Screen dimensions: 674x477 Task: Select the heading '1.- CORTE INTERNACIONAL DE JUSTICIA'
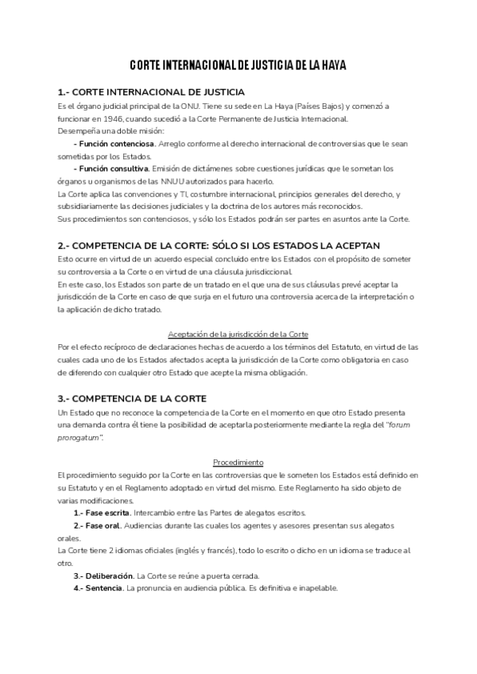pyautogui.click(x=151, y=92)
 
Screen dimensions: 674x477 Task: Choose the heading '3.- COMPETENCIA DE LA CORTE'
pyautogui.click(x=132, y=397)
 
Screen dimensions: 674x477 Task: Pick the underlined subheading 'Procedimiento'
pyautogui.click(x=238, y=462)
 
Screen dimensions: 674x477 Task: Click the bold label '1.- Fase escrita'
pyautogui.click(x=103, y=513)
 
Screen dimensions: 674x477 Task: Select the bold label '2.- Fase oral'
pyautogui.click(x=98, y=525)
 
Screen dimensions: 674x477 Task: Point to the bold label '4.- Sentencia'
pyautogui.click(x=98, y=588)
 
